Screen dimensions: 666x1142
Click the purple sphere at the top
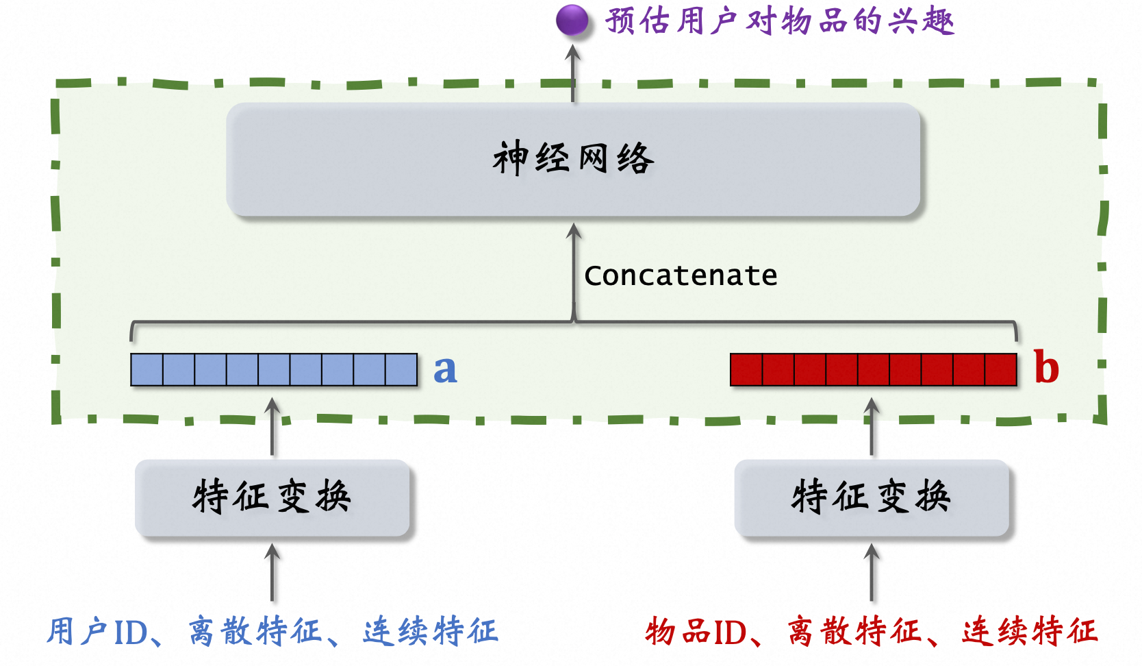click(x=572, y=21)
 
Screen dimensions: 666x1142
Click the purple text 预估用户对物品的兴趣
click(x=779, y=21)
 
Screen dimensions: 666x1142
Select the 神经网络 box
click(x=573, y=160)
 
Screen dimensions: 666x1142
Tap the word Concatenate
click(x=681, y=275)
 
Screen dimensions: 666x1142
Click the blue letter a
click(x=445, y=369)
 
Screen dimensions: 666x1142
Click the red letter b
click(x=1046, y=367)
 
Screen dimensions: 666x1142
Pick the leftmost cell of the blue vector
click(x=147, y=369)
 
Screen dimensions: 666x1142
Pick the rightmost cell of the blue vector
click(x=401, y=369)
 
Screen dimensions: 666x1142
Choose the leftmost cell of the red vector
click(x=746, y=369)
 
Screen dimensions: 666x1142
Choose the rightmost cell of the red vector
click(x=1001, y=369)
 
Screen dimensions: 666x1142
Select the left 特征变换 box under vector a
click(x=272, y=497)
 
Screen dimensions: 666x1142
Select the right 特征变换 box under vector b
click(x=872, y=497)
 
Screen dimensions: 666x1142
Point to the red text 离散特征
click(x=854, y=632)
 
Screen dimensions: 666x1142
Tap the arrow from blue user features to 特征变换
click(x=272, y=573)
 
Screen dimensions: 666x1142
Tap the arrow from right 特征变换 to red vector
click(x=872, y=428)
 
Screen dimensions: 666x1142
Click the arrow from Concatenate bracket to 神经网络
click(x=574, y=271)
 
